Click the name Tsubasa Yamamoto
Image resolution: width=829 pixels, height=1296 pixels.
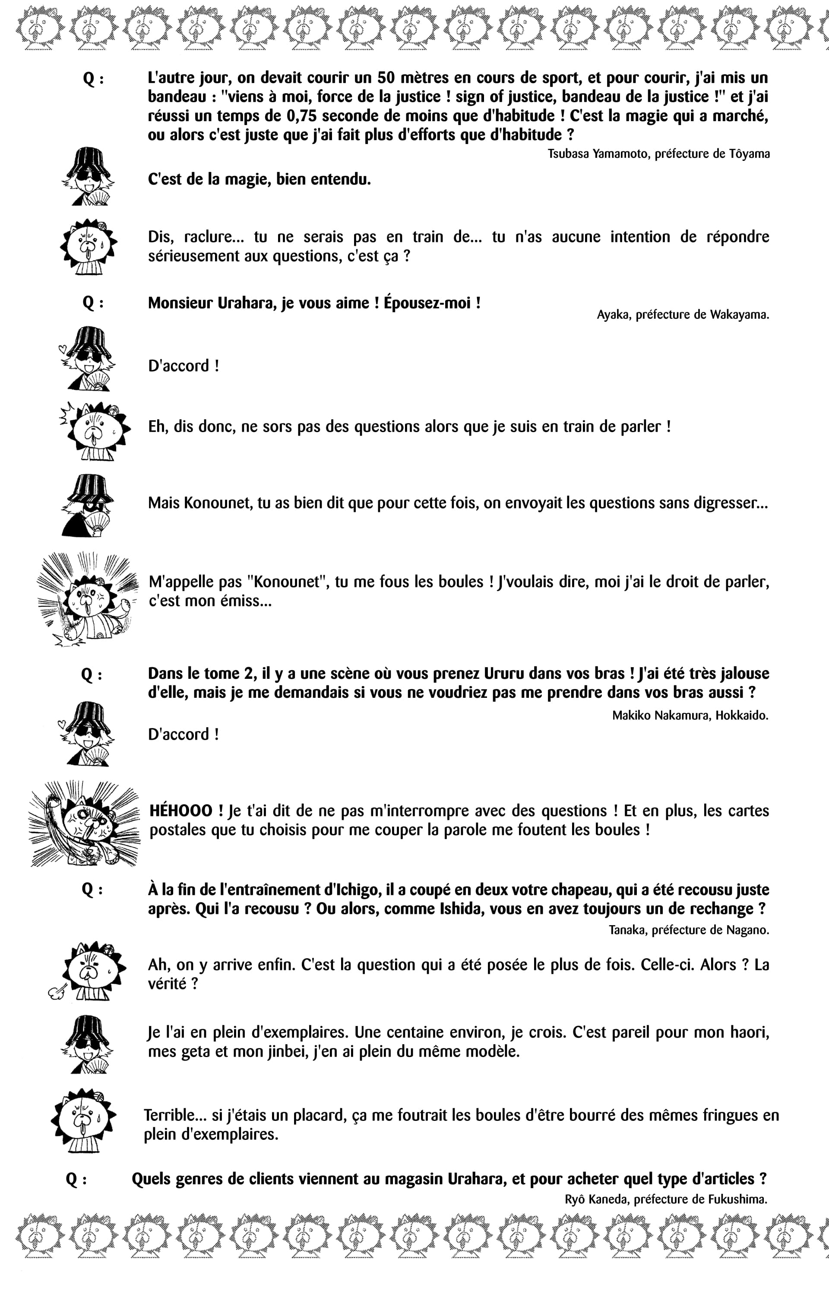pos(598,154)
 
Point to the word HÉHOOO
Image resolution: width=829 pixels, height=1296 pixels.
pos(181,810)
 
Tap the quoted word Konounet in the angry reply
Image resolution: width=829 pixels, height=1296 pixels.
pos(287,582)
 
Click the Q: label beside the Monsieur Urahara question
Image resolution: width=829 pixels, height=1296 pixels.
pos(93,304)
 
